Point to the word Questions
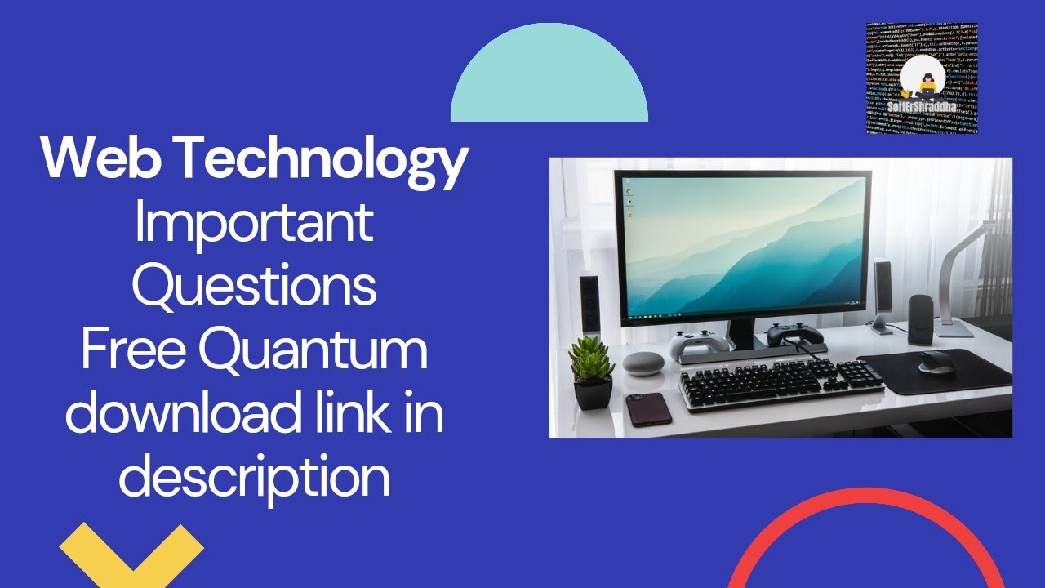254,286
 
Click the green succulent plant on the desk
591,363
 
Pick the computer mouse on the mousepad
936,362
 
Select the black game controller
790,333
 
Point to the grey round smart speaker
644,363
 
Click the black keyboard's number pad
858,374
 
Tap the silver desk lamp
963,269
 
